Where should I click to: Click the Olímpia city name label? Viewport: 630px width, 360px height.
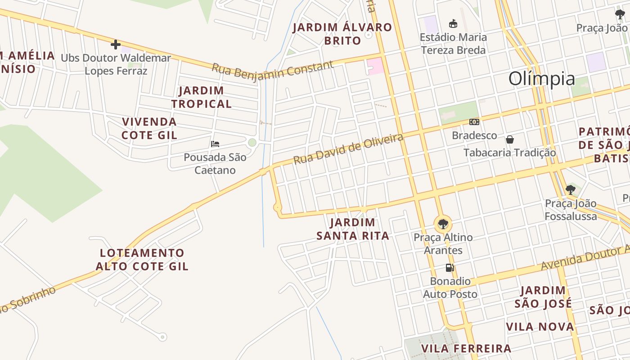pos(541,79)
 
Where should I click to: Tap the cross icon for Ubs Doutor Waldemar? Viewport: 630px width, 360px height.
pos(116,45)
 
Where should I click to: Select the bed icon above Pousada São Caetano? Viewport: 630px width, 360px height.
pos(215,144)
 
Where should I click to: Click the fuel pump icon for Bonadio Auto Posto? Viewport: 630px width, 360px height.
pos(450,268)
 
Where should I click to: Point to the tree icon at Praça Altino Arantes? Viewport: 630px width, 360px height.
pos(443,224)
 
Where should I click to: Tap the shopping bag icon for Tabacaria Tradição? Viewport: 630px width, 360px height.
pos(510,139)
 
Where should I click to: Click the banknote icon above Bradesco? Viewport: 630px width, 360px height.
pos(474,122)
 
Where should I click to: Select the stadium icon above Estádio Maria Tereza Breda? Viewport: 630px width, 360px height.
pos(453,23)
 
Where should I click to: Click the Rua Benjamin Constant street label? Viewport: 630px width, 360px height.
pos(273,70)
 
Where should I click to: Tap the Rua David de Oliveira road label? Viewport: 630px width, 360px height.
pos(348,148)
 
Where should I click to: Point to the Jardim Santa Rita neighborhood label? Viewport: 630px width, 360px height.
pos(353,229)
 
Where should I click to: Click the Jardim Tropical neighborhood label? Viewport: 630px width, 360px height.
pos(201,97)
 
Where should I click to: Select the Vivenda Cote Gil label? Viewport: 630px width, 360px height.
pos(149,128)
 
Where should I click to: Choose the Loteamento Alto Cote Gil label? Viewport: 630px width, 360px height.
pos(142,260)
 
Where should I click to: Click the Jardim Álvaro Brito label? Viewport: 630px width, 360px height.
pos(342,34)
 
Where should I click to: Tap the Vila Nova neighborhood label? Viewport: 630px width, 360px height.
pos(540,327)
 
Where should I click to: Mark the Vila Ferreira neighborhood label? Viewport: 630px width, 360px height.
pos(466,348)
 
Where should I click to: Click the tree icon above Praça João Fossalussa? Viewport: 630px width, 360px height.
pos(571,189)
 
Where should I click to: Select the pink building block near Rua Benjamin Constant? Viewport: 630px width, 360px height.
pos(376,66)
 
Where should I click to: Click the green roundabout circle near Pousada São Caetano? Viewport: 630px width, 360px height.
pos(252,143)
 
